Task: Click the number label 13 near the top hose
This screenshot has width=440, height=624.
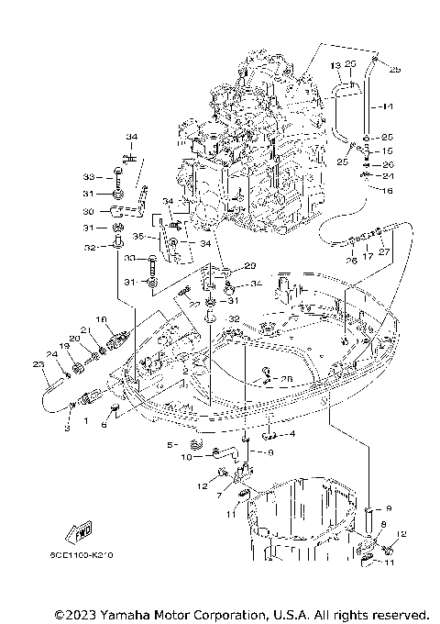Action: [335, 64]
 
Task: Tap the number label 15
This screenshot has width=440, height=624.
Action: [388, 150]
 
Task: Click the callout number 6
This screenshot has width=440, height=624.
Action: [104, 425]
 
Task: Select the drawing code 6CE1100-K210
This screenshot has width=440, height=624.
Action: [83, 556]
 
